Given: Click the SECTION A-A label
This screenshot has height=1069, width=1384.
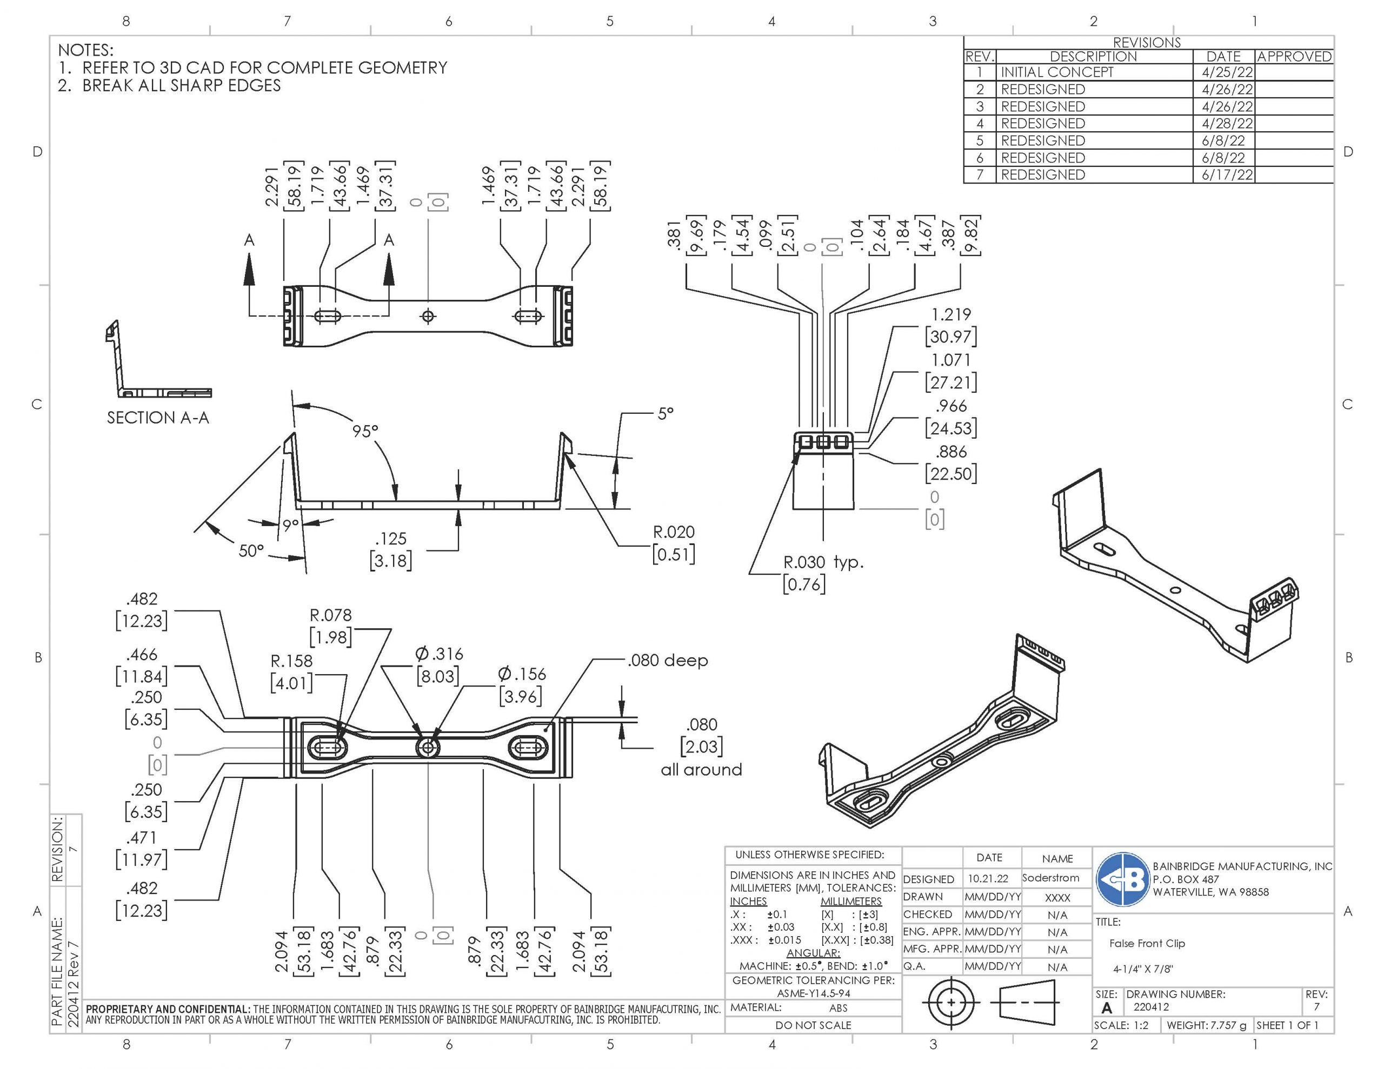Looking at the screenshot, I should tap(158, 418).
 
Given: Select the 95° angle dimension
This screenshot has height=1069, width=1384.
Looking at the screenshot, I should tap(365, 431).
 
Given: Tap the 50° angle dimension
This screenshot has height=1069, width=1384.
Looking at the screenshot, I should tap(251, 551).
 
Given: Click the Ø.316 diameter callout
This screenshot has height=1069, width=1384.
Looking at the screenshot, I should tap(438, 654).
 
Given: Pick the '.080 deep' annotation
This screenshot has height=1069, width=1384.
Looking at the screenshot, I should tap(667, 661).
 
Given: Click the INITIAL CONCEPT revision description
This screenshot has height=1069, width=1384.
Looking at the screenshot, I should tap(1056, 72).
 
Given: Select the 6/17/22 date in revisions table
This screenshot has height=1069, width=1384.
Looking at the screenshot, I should tap(1227, 175).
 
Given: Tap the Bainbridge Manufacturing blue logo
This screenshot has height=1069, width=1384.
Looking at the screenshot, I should tap(1123, 879).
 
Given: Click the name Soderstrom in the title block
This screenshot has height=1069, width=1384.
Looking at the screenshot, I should tap(1050, 878).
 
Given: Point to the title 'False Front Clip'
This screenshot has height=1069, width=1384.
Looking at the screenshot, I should tap(1147, 943).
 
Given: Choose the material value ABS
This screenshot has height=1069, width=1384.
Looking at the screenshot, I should tap(838, 1007).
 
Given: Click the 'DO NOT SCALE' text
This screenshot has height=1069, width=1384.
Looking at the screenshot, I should tap(813, 1025).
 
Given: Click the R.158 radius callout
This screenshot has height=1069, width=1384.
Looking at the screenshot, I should tap(291, 661).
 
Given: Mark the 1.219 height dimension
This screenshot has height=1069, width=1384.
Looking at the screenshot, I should tap(950, 315).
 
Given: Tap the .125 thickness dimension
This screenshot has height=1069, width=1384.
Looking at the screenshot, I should tap(390, 539).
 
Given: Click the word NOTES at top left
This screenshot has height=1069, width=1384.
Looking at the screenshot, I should tap(85, 50).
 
